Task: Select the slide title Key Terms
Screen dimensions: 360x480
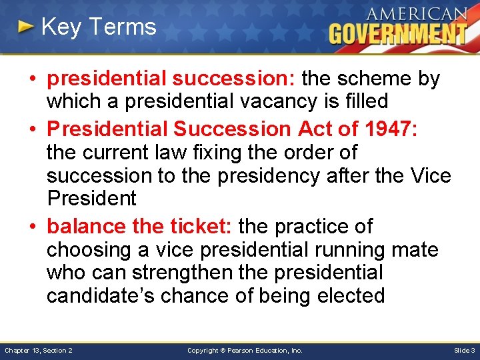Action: [x=98, y=27]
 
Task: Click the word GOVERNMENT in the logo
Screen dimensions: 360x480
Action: [x=398, y=33]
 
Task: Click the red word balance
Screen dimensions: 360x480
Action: [x=86, y=227]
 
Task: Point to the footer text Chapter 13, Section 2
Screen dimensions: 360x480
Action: [x=39, y=350]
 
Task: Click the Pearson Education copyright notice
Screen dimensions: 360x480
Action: [x=244, y=350]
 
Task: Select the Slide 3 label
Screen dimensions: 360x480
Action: [x=464, y=350]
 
